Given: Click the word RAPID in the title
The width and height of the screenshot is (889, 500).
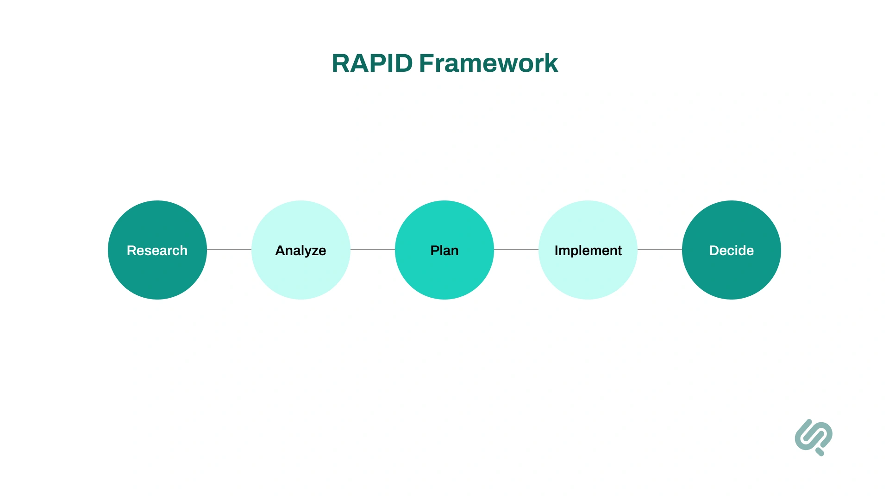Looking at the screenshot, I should click(372, 63).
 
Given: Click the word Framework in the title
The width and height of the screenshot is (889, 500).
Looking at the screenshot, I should click(488, 63).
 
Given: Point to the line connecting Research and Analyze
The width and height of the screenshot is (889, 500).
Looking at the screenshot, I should click(229, 250).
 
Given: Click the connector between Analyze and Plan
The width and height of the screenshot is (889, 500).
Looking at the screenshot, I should click(373, 250).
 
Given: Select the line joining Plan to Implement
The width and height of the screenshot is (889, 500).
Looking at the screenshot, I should click(516, 250).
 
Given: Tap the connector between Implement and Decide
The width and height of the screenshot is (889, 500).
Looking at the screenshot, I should click(660, 250).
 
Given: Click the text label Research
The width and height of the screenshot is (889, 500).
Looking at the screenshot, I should click(157, 250).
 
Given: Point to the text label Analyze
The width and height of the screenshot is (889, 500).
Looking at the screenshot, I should click(301, 250).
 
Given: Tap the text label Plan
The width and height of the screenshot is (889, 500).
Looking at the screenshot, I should click(444, 250).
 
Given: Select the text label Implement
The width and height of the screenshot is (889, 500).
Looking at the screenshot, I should click(588, 250).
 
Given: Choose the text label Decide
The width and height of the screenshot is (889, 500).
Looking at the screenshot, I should click(731, 250).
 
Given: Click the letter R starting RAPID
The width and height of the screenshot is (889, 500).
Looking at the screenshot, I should click(342, 63).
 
